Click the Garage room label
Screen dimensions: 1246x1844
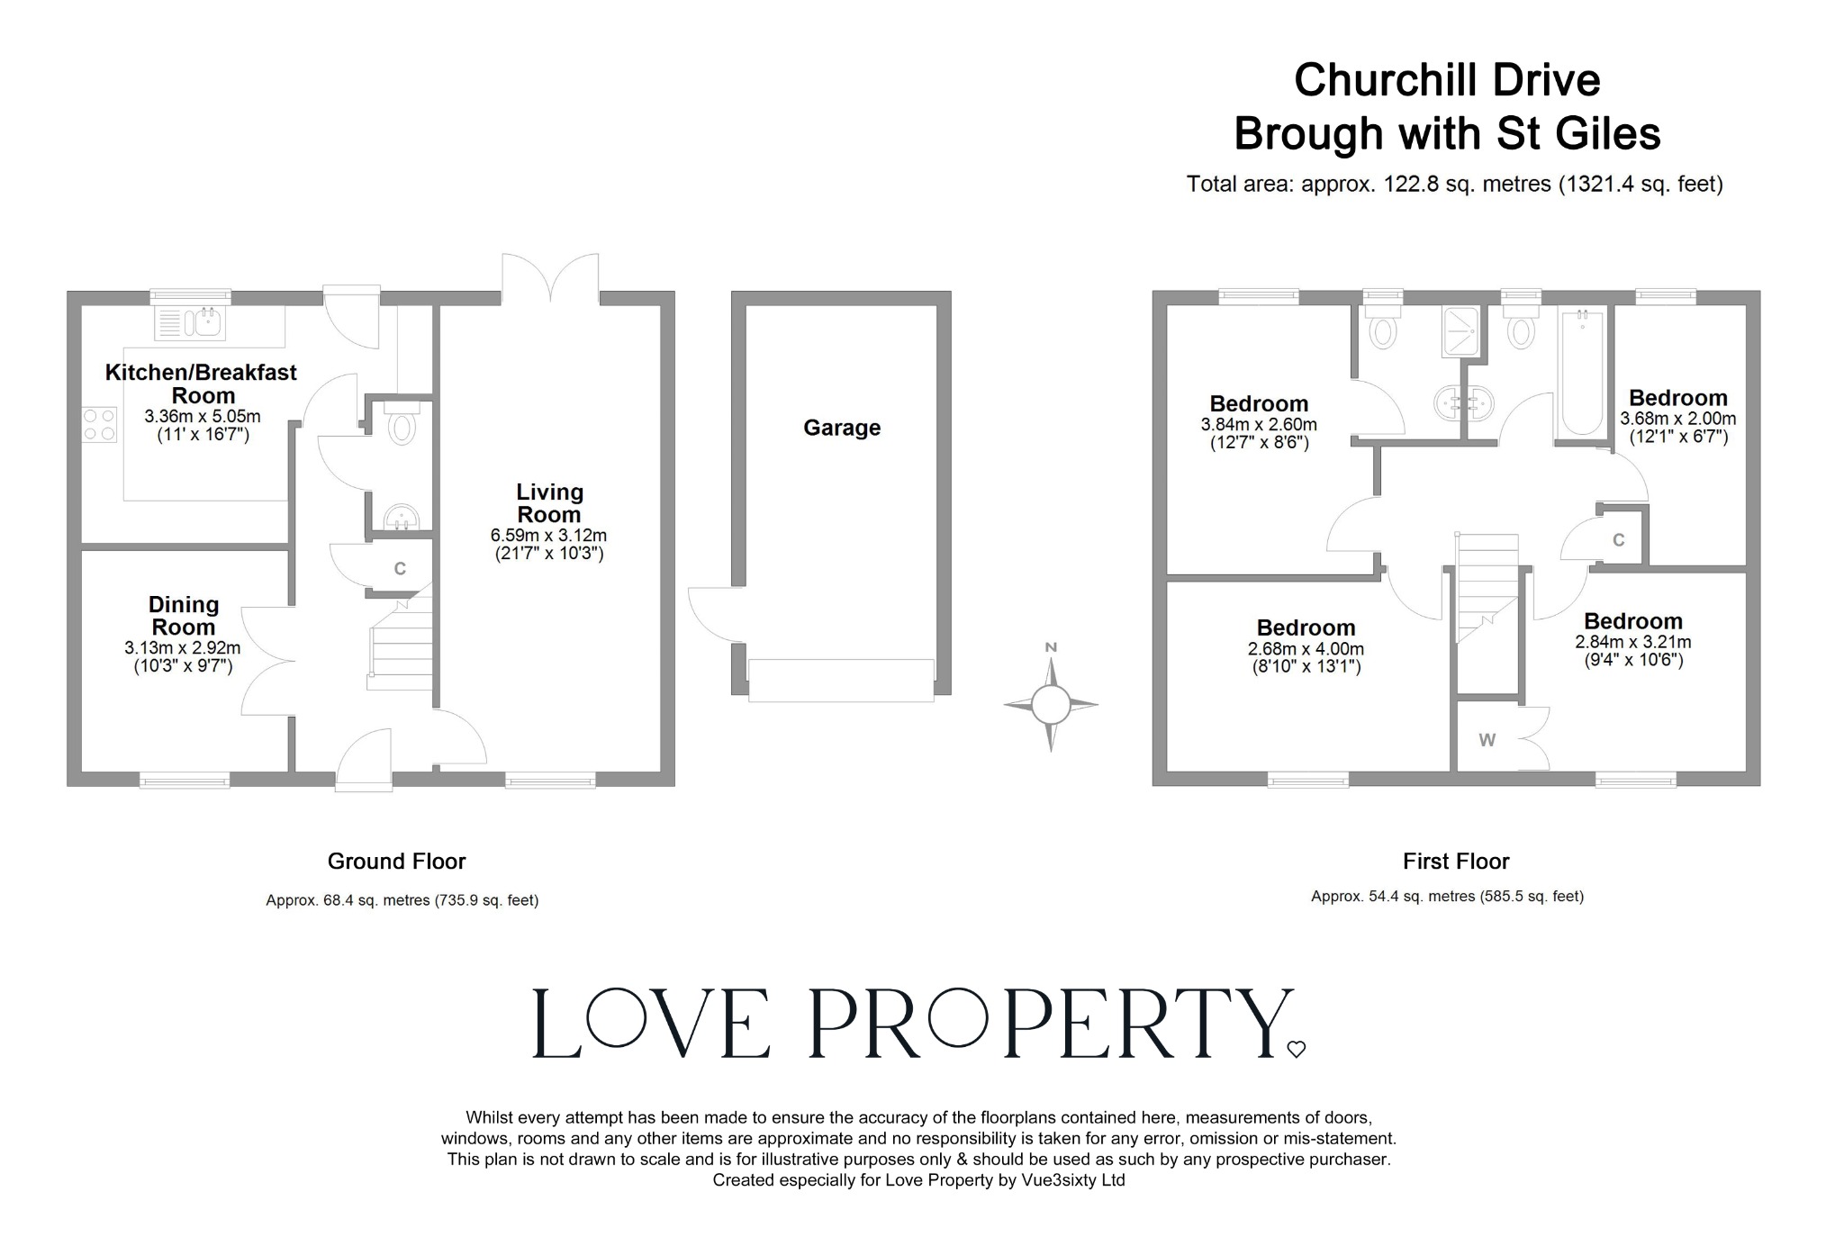click(842, 428)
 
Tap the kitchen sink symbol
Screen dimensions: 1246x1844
click(189, 322)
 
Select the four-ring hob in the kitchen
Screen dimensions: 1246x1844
click(99, 425)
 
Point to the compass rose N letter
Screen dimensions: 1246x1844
click(1050, 647)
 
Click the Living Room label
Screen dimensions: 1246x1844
click(549, 503)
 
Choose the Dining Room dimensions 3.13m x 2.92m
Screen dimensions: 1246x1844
click(183, 647)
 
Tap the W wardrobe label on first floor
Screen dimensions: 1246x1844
click(1487, 740)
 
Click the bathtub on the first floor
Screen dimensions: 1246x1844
click(1581, 374)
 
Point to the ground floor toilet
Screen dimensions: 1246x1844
click(402, 425)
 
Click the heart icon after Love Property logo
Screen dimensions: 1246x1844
click(1296, 1049)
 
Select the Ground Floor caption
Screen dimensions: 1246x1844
click(396, 862)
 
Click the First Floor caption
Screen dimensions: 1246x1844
click(1456, 862)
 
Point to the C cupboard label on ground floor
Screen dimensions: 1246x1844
click(400, 569)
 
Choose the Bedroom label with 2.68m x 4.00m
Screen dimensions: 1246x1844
click(1306, 628)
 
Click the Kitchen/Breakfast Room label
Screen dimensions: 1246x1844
click(202, 384)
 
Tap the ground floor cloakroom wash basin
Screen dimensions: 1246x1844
click(402, 518)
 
